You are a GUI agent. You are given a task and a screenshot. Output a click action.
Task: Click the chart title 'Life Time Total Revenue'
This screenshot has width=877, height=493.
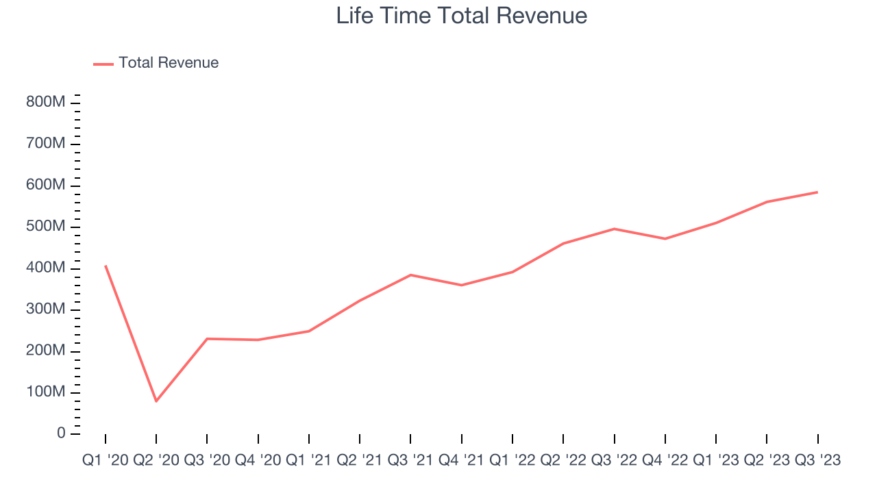tap(461, 16)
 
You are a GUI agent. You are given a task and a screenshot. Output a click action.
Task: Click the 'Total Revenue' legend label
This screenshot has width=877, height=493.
tap(169, 63)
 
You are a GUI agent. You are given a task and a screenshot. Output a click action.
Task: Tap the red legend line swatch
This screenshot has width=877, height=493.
tap(103, 64)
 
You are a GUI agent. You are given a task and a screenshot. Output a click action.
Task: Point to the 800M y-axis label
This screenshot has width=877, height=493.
tap(46, 103)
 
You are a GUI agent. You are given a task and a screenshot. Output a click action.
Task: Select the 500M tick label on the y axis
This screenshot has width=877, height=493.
tap(46, 227)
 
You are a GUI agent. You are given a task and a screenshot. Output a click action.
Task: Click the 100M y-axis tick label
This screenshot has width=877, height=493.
tap(46, 392)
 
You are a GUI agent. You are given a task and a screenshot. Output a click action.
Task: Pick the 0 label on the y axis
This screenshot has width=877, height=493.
tap(62, 434)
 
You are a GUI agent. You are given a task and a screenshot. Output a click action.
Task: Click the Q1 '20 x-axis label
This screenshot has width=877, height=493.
tap(105, 461)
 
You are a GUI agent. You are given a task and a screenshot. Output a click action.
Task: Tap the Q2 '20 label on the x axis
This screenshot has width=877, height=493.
tap(156, 461)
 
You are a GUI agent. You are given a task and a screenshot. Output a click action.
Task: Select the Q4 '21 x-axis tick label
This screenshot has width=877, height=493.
tap(461, 461)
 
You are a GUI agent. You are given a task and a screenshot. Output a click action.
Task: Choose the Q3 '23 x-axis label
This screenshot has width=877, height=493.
tap(817, 461)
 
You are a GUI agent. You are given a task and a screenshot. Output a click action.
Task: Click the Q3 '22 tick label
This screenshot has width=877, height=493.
tap(614, 461)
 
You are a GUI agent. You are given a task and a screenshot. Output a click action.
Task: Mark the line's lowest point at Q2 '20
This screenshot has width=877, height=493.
tap(156, 401)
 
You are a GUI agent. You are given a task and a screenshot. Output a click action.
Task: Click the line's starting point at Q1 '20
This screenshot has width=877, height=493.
tap(106, 266)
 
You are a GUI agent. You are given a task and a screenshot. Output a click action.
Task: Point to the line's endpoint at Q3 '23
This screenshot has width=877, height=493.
tap(817, 192)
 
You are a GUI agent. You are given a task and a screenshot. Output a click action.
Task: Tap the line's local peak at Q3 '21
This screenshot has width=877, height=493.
tap(410, 275)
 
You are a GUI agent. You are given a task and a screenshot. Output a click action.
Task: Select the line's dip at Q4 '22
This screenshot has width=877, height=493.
tap(665, 239)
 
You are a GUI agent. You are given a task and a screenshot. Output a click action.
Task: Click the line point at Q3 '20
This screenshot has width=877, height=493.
tap(207, 339)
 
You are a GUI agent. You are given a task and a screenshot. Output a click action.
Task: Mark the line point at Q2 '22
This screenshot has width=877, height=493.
tap(563, 244)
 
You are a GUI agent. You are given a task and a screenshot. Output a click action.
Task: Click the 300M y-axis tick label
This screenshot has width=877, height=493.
tap(46, 309)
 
